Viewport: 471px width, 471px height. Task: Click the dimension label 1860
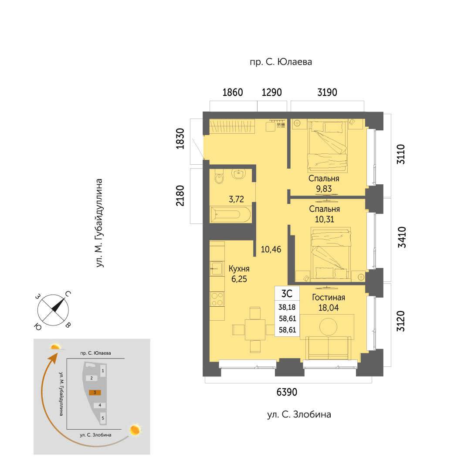coord(233,92)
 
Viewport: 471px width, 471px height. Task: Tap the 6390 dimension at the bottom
coord(287,392)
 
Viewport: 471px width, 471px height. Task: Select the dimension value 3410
coord(402,237)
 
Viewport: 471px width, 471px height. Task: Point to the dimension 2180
coord(180,196)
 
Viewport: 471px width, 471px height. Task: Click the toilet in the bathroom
coord(219,176)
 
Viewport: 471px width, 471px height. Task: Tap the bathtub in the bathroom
coord(230,214)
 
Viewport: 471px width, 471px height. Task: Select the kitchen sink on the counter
coord(216,268)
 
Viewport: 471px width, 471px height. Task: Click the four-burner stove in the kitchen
coord(217,299)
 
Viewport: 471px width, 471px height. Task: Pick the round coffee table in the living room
coord(329,327)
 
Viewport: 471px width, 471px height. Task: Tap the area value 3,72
coord(237,199)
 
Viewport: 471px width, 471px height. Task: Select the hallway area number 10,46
coord(271,249)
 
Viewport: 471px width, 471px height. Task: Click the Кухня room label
coord(239,268)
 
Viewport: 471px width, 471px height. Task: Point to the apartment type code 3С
coord(287,294)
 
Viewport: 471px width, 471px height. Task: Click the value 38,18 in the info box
coord(287,307)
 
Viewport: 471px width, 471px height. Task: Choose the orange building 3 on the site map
coord(95,392)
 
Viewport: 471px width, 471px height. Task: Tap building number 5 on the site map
coord(103,418)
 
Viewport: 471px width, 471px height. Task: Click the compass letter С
coord(68,294)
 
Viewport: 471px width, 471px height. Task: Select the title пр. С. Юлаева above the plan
coord(281,62)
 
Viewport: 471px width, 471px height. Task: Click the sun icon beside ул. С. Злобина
coord(135,430)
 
